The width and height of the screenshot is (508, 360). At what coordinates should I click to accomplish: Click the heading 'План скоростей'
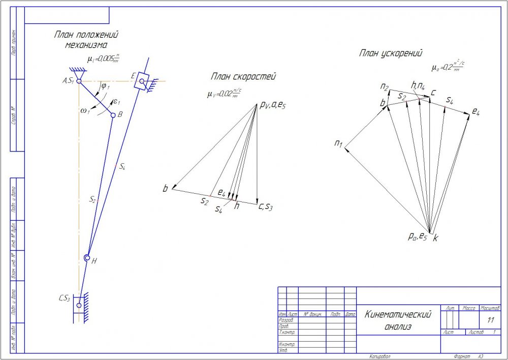[x=243, y=77]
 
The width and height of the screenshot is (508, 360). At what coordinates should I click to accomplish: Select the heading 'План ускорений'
[x=391, y=53]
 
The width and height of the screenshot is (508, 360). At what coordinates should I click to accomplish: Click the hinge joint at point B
[x=113, y=115]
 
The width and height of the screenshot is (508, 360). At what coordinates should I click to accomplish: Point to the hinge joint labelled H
[x=87, y=259]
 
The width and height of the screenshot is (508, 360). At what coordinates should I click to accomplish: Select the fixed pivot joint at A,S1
[x=79, y=81]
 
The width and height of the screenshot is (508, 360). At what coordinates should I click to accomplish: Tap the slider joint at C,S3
[x=79, y=306]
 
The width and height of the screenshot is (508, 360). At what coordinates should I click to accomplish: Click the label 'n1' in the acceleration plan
[x=338, y=144]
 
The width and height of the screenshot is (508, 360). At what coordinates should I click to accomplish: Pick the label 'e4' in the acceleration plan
[x=475, y=112]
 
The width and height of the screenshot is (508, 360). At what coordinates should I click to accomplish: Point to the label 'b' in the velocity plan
[x=165, y=189]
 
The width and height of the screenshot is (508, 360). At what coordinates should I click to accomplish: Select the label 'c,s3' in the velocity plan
[x=266, y=206]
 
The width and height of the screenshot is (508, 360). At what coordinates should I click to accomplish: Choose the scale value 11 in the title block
[x=490, y=320]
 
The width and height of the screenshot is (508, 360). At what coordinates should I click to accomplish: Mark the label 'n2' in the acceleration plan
[x=384, y=86]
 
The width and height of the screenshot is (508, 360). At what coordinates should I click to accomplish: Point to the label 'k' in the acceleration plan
[x=435, y=237]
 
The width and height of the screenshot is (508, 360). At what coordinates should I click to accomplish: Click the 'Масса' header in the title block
[x=469, y=309]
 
